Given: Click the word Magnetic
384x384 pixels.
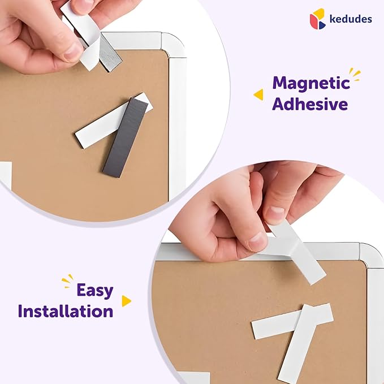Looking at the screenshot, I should click(x=311, y=84).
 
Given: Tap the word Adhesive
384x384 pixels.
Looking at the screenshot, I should click(x=310, y=104).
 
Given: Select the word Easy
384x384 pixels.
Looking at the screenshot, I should click(x=95, y=290).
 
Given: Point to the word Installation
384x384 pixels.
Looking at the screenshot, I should click(x=66, y=310).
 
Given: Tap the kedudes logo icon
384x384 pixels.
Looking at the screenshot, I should click(x=318, y=19).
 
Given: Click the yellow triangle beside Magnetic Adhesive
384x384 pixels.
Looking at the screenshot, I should click(x=258, y=94).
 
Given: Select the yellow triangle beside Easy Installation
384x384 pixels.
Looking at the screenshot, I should click(x=126, y=301).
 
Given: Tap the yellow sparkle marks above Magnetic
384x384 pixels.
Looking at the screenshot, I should click(x=355, y=73).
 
